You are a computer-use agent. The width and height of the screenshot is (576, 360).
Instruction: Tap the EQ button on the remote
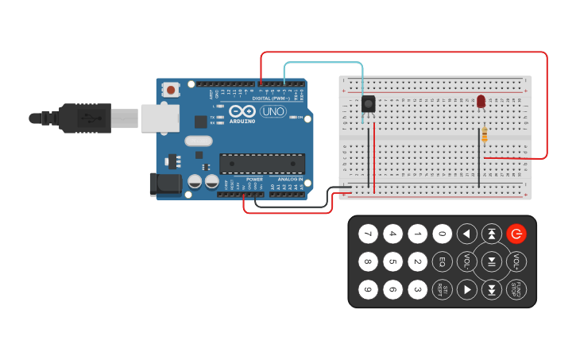(x=443, y=261)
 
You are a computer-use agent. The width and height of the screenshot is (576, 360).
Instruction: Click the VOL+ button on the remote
(x=516, y=261)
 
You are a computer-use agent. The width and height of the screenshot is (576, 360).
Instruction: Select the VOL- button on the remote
(x=467, y=261)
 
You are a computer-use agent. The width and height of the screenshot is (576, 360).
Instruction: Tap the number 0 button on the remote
(x=443, y=234)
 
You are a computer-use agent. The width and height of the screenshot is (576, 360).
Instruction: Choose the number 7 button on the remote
(x=367, y=234)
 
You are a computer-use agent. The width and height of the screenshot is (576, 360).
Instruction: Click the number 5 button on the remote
(x=392, y=261)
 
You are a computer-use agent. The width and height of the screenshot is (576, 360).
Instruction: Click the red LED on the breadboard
(x=481, y=101)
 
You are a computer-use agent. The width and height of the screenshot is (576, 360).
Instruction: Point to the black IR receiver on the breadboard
(x=369, y=103)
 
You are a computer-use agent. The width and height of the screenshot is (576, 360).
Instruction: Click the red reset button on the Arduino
(x=171, y=91)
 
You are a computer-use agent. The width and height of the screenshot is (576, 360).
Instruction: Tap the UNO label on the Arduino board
(x=273, y=111)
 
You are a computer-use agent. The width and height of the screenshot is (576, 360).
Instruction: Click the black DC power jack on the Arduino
(x=166, y=184)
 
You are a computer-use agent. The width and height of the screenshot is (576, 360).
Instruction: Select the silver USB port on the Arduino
(x=159, y=118)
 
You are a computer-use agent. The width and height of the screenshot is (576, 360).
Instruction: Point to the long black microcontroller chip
(x=262, y=164)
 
